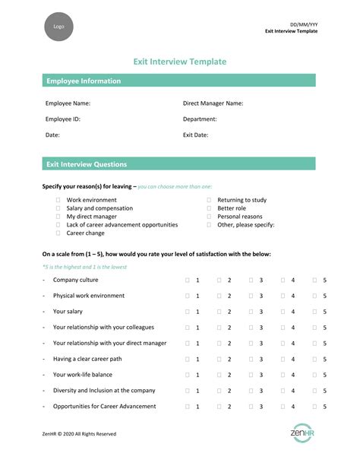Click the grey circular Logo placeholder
click(58, 27)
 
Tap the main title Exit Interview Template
click(179, 61)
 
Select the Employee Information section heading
click(84, 81)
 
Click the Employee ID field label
click(63, 119)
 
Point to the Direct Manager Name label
click(213, 103)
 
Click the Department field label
click(200, 119)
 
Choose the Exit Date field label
click(196, 135)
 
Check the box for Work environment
click(58, 200)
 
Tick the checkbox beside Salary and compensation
click(58, 208)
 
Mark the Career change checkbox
click(58, 233)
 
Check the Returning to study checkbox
click(209, 200)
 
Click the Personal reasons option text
click(239, 217)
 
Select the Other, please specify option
click(245, 225)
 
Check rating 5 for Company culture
click(315, 281)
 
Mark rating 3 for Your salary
click(251, 312)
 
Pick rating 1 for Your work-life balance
click(188, 375)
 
